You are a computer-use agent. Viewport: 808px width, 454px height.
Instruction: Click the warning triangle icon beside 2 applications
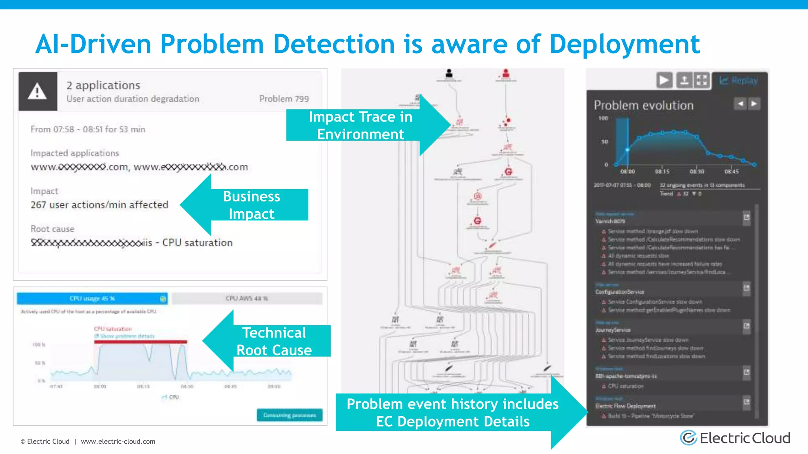pyautogui.click(x=37, y=91)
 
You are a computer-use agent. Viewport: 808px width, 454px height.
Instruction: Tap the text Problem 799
pyautogui.click(x=284, y=99)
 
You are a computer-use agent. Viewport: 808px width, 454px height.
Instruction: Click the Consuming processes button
pyautogui.click(x=290, y=415)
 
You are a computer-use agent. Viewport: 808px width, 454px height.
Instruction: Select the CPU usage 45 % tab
pyautogui.click(x=92, y=298)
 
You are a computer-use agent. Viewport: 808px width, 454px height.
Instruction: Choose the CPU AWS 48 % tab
pyautogui.click(x=247, y=298)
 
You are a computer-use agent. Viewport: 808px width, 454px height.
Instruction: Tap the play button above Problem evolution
pyautogui.click(x=664, y=80)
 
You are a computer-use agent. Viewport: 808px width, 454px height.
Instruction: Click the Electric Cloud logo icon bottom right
pyautogui.click(x=688, y=438)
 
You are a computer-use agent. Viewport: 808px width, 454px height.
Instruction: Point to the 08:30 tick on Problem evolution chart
pyautogui.click(x=697, y=171)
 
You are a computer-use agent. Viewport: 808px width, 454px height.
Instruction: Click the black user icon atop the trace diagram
pyautogui.click(x=449, y=73)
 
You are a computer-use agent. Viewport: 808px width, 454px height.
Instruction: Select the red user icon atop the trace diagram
pyautogui.click(x=506, y=73)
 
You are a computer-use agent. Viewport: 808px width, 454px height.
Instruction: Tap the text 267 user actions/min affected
pyautogui.click(x=99, y=205)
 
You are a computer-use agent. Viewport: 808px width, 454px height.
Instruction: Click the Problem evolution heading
pyautogui.click(x=643, y=105)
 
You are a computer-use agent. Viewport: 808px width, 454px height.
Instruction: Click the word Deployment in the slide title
pyautogui.click(x=624, y=44)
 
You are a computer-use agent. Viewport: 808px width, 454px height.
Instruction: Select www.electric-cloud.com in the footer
pyautogui.click(x=118, y=441)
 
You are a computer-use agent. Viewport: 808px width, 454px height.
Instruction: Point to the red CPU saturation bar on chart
pyautogui.click(x=140, y=342)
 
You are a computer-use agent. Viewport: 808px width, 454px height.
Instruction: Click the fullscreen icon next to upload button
pyautogui.click(x=701, y=80)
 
